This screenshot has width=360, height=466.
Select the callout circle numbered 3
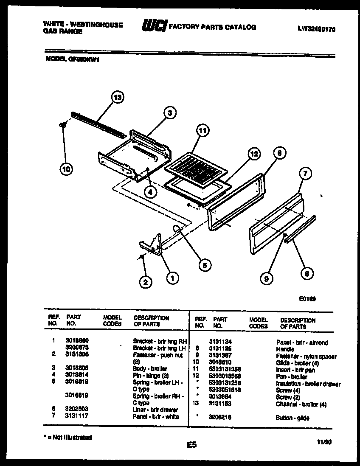pos(169,112)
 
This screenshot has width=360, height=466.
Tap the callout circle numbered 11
pos(202,131)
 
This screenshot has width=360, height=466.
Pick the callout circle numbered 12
pos(253,154)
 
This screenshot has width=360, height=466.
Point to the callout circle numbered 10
pos(66,169)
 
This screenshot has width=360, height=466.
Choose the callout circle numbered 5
pos(204,265)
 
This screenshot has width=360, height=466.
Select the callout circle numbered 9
pos(266,278)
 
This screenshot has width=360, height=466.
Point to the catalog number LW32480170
pos(316,30)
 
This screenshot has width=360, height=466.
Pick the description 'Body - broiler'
pos(150,369)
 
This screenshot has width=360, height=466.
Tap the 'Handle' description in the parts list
pos(285,349)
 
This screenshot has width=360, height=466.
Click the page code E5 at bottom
pos(191,445)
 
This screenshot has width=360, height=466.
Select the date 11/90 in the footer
pos(324,442)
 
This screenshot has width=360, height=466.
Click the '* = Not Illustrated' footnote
pos(67,437)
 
